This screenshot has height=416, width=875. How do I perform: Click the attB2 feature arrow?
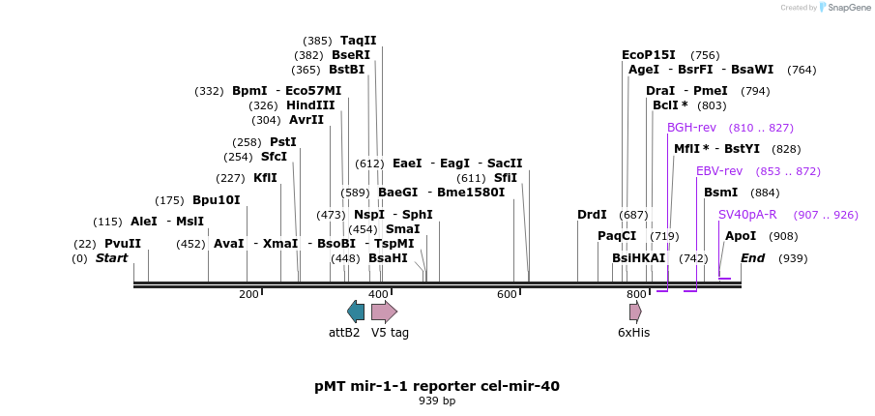point(356,311)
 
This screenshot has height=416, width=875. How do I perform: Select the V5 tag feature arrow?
point(384,311)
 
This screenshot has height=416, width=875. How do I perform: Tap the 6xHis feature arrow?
point(635,311)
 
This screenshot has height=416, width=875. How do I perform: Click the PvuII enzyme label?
point(123,244)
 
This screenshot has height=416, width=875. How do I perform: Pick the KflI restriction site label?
point(265,178)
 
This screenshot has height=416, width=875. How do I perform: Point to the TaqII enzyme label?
point(358,41)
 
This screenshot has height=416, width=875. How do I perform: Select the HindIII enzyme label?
point(310,105)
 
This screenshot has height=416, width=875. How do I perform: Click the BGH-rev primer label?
point(691,128)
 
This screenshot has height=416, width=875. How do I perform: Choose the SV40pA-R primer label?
point(747,215)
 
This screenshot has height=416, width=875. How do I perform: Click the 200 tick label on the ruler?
point(248,294)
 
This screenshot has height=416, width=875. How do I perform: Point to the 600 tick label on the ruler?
point(508,294)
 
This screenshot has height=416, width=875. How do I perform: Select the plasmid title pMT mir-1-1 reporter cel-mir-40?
point(437,386)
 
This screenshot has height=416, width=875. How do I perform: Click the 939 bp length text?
point(437,401)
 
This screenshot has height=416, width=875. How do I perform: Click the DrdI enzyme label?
point(592,215)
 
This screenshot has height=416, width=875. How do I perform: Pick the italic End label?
point(753,258)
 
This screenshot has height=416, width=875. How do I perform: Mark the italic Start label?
point(111,258)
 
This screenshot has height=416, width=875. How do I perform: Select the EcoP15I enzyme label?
point(649,55)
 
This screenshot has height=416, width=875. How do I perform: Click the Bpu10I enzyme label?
point(216,200)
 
